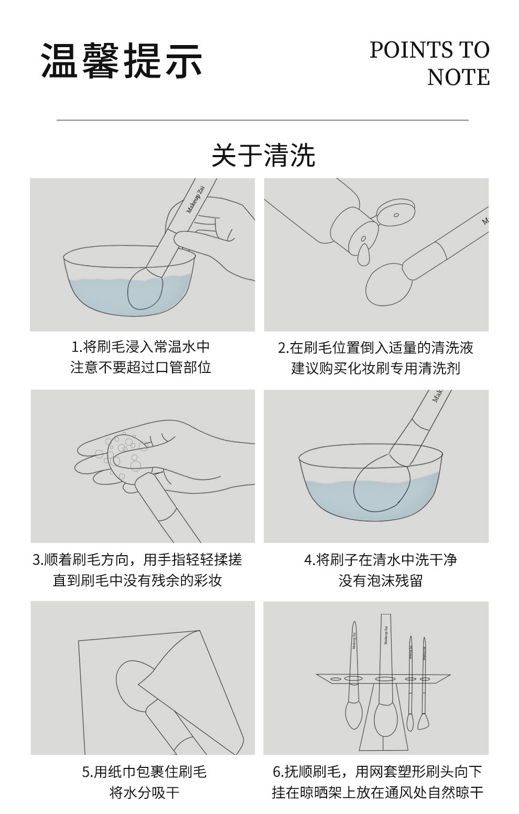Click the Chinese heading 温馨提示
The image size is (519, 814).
pyautogui.click(x=122, y=60)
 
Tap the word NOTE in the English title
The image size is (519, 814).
pyautogui.click(x=458, y=77)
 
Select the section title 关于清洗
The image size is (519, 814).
pyautogui.click(x=263, y=155)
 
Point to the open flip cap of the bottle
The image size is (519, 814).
pyautogui.click(x=396, y=213)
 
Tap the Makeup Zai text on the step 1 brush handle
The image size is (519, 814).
pyautogui.click(x=196, y=200)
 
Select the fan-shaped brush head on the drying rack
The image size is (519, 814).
pyautogui.click(x=423, y=722)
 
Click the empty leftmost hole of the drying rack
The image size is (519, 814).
pyautogui.click(x=335, y=679)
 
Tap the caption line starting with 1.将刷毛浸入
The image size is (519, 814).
pyautogui.click(x=140, y=347)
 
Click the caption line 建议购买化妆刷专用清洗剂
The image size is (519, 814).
pyautogui.click(x=376, y=368)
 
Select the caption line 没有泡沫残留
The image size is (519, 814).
pyautogui.click(x=381, y=581)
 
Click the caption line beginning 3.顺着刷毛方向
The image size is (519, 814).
pyautogui.click(x=137, y=559)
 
